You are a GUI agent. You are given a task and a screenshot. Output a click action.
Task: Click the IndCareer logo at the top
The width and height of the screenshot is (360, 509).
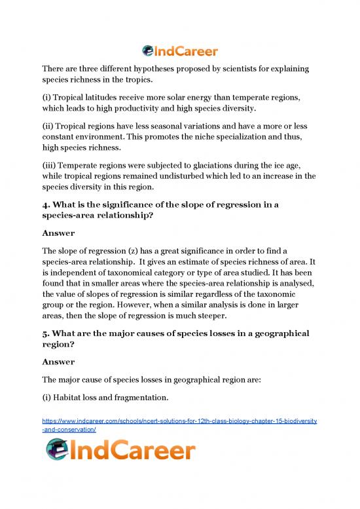(180, 49)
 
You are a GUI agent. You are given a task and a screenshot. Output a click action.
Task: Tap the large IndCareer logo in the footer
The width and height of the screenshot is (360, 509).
(120, 451)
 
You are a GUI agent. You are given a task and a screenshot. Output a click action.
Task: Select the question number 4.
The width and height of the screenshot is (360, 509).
(45, 206)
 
